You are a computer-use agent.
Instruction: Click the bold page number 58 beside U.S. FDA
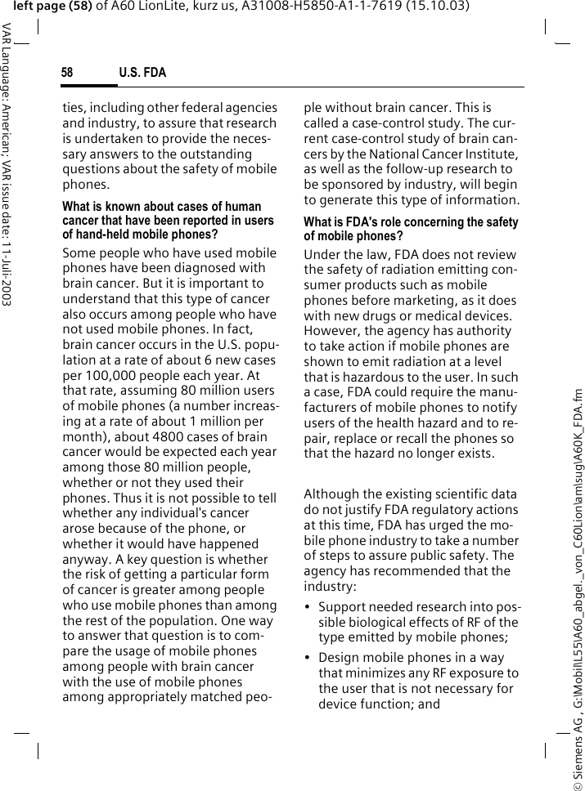pyautogui.click(x=67, y=74)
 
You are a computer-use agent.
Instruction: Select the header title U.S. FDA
pyautogui.click(x=142, y=74)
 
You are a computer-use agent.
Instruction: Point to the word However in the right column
pyautogui.click(x=332, y=331)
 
